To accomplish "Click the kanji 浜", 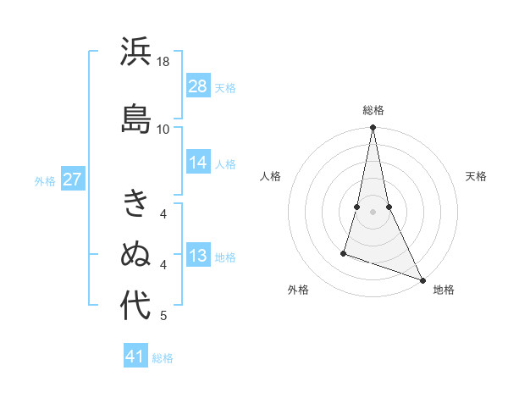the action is tap(135, 53).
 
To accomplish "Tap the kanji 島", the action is tap(135, 119).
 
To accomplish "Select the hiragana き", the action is tap(135, 204).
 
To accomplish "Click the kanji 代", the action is tap(135, 306).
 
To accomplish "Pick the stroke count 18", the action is tap(163, 62).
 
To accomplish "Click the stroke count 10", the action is tap(163, 129).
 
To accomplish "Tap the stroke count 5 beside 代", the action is tap(163, 316).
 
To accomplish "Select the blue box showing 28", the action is tap(198, 86).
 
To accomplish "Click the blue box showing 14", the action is tap(198, 163).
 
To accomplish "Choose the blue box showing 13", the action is tap(198, 257).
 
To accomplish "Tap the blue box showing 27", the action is tap(72, 180).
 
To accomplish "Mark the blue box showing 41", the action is tap(135, 357).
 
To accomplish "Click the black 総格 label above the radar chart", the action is tap(373, 110).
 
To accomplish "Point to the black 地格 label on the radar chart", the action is tap(444, 290).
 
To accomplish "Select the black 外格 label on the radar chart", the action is tap(298, 290).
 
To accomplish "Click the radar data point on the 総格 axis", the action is tap(373, 128).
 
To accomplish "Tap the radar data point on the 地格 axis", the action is tap(422, 279).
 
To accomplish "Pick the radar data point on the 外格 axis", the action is tap(344, 252).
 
